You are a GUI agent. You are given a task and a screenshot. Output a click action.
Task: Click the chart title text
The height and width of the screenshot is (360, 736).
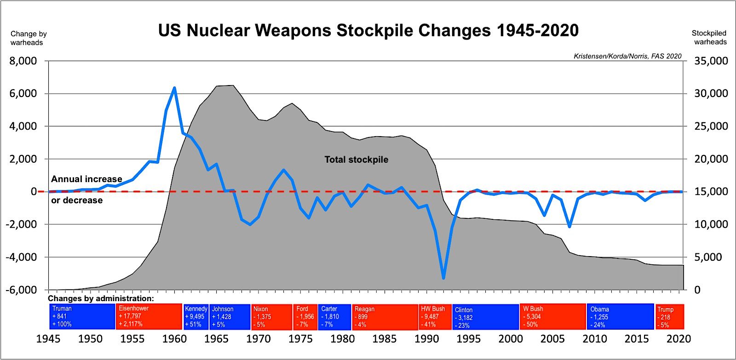coord(368,30)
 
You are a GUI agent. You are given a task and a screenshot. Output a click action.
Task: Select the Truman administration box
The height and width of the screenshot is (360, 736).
coord(82,316)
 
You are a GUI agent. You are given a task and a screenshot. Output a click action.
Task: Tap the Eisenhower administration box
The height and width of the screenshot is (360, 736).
coord(149,316)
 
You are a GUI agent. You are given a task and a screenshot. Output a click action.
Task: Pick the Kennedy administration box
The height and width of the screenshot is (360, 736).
coord(196,316)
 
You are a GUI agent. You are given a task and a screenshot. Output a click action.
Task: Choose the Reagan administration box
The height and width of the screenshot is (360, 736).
coord(385,317)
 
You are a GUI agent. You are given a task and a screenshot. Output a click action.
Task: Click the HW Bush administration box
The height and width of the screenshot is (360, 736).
coord(435,317)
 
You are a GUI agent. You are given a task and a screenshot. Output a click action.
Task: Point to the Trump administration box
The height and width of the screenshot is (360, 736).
coord(670,317)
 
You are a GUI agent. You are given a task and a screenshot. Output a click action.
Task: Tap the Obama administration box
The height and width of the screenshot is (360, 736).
coord(620,317)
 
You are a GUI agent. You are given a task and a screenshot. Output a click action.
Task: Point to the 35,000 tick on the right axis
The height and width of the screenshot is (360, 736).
coord(711,61)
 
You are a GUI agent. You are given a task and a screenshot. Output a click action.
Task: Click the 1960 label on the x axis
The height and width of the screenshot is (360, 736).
coord(174,339)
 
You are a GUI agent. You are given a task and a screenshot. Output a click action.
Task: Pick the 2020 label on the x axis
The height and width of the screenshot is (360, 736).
coord(678,339)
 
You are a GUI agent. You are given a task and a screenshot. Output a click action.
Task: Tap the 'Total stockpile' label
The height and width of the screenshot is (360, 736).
coord(356,160)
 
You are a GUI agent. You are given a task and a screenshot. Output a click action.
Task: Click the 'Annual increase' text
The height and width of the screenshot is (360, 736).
coord(86,179)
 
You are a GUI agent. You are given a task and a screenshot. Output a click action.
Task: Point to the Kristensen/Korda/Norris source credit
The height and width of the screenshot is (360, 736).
coord(627,56)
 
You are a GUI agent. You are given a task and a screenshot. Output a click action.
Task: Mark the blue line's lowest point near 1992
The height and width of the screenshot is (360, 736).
coord(443,278)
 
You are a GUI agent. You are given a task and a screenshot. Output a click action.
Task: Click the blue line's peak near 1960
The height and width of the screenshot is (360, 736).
coord(174,87)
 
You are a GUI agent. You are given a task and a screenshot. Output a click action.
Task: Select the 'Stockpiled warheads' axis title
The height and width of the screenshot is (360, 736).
coord(710,38)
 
